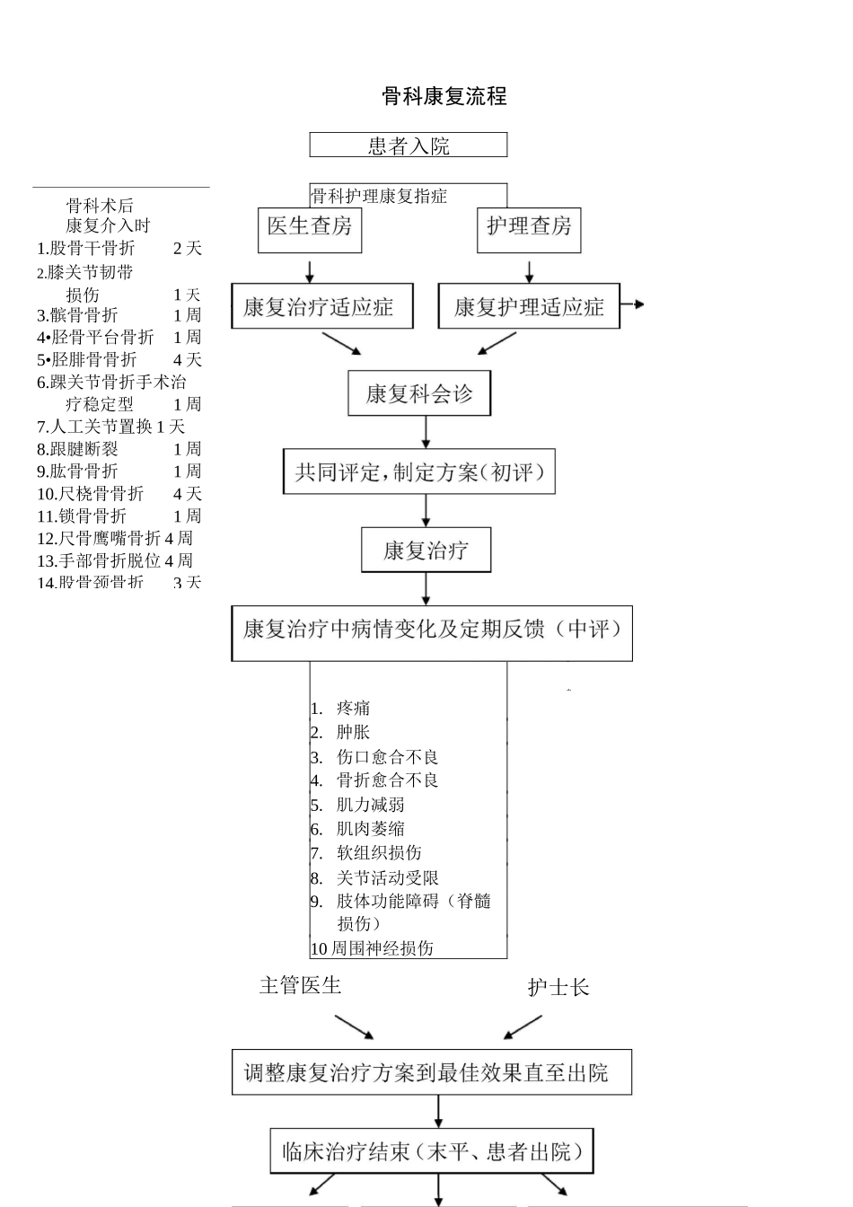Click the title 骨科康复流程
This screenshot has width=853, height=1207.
[444, 96]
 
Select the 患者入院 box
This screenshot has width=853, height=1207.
[409, 145]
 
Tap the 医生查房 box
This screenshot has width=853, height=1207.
[310, 226]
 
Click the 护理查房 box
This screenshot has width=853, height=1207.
[529, 226]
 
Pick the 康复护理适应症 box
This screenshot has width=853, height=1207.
[529, 307]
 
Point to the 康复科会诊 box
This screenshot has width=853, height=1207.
[419, 394]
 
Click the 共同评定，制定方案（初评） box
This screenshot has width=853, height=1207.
[419, 472]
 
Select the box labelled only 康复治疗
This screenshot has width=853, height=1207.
[426, 551]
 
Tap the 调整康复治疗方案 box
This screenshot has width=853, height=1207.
[431, 1072]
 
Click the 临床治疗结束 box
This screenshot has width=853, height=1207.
[432, 1151]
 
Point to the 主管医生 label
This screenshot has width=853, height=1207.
[301, 985]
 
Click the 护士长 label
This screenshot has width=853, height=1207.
[558, 988]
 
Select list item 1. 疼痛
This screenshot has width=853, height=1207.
[352, 709]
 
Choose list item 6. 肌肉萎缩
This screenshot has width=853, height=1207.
[369, 829]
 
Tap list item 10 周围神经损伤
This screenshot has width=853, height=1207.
[373, 948]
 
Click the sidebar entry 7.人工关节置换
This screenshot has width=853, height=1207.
[110, 427]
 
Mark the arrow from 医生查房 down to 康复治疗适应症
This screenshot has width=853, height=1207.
[310, 272]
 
